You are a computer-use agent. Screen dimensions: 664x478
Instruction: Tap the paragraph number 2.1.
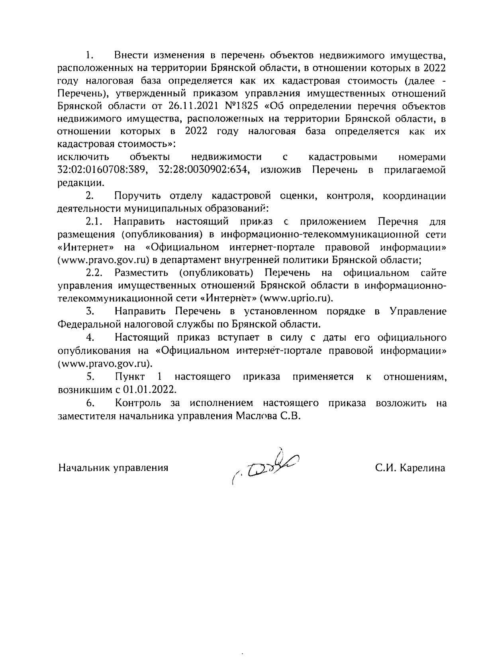click(94, 221)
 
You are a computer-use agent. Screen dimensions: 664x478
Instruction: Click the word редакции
click(81, 183)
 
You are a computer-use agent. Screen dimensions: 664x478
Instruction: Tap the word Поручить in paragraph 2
click(137, 196)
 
